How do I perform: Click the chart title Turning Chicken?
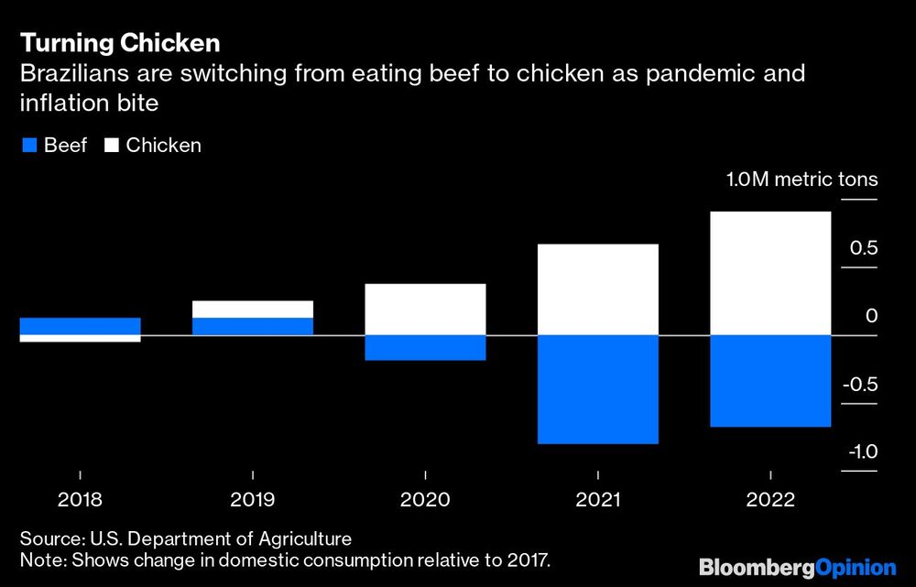(x=120, y=43)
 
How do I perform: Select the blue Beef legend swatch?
(x=27, y=146)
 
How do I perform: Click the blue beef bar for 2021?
(x=597, y=389)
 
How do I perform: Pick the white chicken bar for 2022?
(x=770, y=274)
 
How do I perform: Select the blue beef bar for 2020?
(x=425, y=348)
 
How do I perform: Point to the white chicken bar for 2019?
(x=252, y=309)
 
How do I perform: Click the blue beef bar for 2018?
(x=80, y=326)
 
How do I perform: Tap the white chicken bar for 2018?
(x=80, y=339)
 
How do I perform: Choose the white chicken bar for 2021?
(x=597, y=289)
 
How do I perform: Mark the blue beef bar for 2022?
(x=770, y=381)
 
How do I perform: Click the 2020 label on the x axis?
(x=425, y=500)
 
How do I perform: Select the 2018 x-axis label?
(x=80, y=500)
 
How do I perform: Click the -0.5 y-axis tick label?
(x=860, y=385)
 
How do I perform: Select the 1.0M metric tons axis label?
(x=801, y=179)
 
